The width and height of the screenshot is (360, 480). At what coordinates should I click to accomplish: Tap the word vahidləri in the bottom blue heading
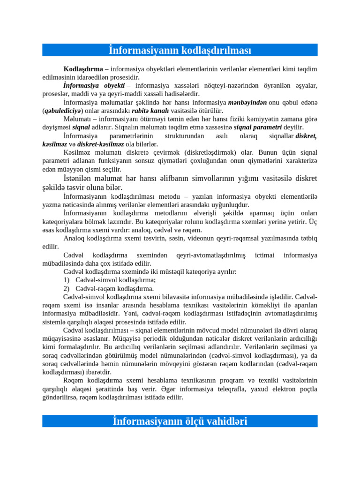[218, 421]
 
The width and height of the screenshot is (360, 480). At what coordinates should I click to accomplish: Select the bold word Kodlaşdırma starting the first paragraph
[83, 69]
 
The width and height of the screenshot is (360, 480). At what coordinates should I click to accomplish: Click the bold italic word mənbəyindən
[247, 102]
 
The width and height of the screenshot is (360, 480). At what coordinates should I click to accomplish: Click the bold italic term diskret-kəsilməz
[101, 144]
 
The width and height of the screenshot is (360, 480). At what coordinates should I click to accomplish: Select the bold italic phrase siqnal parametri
[257, 127]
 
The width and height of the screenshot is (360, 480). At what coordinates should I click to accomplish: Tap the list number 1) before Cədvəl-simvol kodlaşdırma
[67, 280]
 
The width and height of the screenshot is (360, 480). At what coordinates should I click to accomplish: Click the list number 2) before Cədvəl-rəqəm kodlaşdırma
[67, 288]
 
